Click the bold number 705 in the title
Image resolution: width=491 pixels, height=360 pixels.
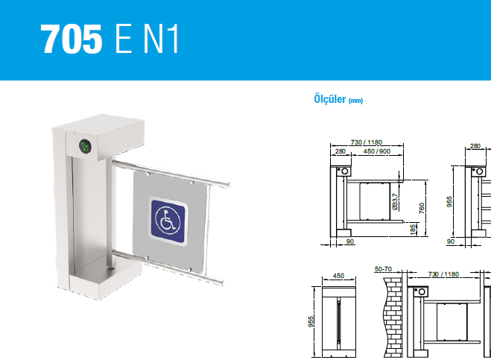coord(72,40)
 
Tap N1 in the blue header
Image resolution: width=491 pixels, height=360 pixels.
coord(161,40)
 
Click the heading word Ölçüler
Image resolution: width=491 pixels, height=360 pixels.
coord(330,99)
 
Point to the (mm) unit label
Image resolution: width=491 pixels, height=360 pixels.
coord(355,101)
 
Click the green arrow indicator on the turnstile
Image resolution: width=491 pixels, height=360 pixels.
coord(85,146)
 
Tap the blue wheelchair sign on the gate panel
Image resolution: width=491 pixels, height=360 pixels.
coord(168,221)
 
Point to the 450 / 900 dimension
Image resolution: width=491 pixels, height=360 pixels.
coord(377,151)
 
